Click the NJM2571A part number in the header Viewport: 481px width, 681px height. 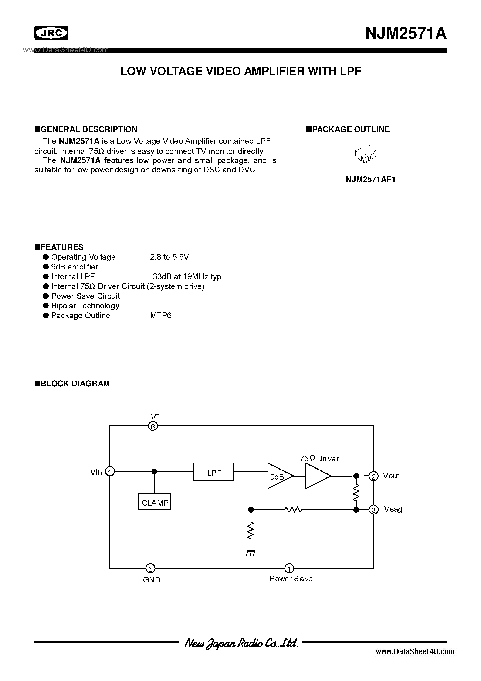(x=406, y=33)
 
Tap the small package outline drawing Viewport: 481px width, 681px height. (x=365, y=154)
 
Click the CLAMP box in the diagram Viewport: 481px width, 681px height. (x=155, y=503)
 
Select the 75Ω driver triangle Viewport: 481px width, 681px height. (x=318, y=476)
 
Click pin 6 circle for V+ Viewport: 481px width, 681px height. (x=153, y=426)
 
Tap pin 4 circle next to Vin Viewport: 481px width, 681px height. (x=110, y=472)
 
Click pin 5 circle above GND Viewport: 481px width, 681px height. (x=150, y=569)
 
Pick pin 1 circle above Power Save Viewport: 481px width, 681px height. (x=289, y=568)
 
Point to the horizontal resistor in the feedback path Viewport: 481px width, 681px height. (x=293, y=510)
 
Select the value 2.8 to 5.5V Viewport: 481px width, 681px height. (x=169, y=257)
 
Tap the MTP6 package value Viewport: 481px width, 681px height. (x=161, y=316)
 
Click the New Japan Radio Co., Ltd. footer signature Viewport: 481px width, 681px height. (x=240, y=643)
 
